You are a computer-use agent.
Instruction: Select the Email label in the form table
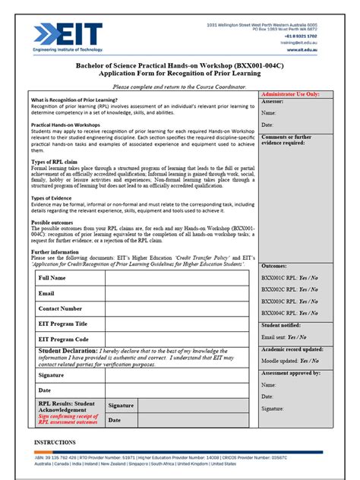tap(46, 293)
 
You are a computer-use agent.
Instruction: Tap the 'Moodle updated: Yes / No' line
tap(289, 361)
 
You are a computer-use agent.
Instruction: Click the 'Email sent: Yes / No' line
tap(284, 336)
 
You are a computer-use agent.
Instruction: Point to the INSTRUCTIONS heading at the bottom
tap(55, 441)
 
